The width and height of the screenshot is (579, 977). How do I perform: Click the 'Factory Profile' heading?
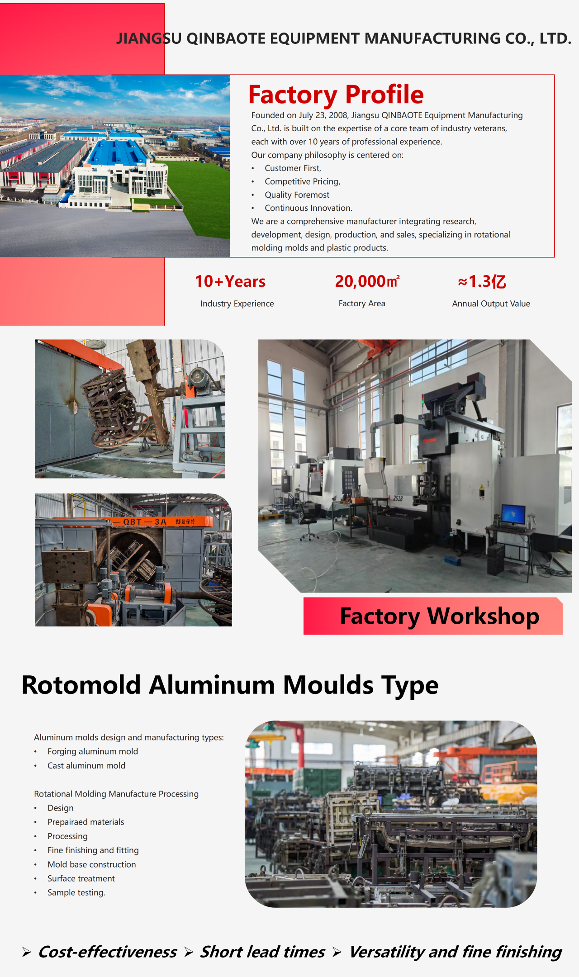tap(336, 95)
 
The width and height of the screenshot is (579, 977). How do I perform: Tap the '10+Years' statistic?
tap(230, 281)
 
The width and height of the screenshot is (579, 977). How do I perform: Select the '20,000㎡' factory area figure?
tap(367, 281)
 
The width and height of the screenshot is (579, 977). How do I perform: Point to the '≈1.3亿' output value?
tap(482, 281)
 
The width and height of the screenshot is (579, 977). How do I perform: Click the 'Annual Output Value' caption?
tap(491, 304)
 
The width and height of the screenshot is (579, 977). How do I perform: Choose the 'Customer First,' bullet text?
tap(293, 168)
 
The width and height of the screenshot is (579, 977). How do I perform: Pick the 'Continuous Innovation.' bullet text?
tap(308, 208)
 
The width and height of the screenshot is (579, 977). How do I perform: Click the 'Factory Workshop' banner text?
tap(440, 616)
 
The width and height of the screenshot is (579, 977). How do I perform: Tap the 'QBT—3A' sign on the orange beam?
tap(145, 522)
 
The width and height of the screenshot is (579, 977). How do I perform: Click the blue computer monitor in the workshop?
tap(513, 515)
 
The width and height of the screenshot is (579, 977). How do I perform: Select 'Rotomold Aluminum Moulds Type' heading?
tap(230, 685)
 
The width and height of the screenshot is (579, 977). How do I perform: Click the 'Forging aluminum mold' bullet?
tap(93, 751)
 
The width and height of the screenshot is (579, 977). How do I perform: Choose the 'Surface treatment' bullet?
tap(81, 878)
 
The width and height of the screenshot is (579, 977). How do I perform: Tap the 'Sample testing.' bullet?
tap(76, 892)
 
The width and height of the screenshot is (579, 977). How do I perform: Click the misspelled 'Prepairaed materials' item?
tap(85, 822)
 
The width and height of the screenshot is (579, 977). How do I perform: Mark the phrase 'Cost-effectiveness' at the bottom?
tap(108, 952)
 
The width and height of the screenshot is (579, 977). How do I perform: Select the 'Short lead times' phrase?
tap(263, 952)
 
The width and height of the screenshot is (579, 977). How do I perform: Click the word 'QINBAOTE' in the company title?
tap(226, 39)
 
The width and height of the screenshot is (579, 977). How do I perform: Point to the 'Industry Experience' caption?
tap(237, 304)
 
